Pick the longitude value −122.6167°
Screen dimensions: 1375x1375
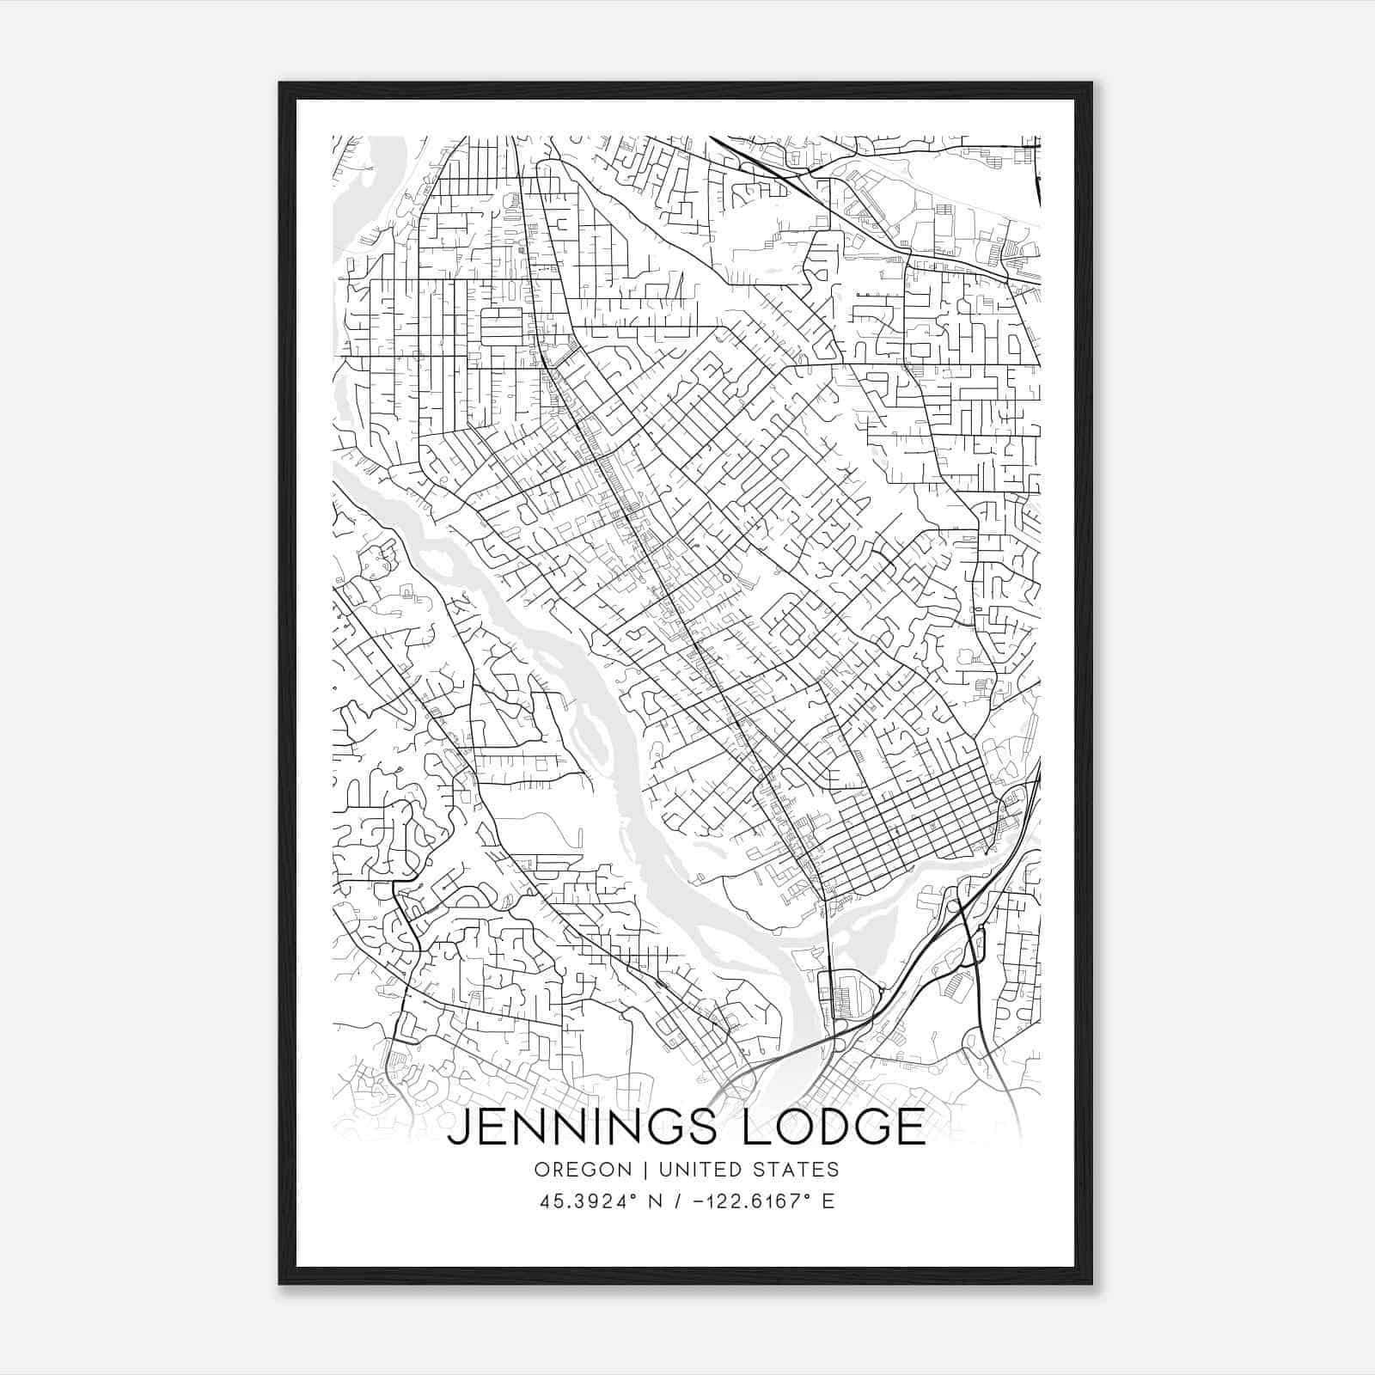coord(757,1201)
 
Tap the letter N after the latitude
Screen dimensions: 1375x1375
coord(655,1201)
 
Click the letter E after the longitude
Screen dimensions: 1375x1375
coord(828,1201)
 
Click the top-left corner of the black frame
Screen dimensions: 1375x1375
coord(280,83)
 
